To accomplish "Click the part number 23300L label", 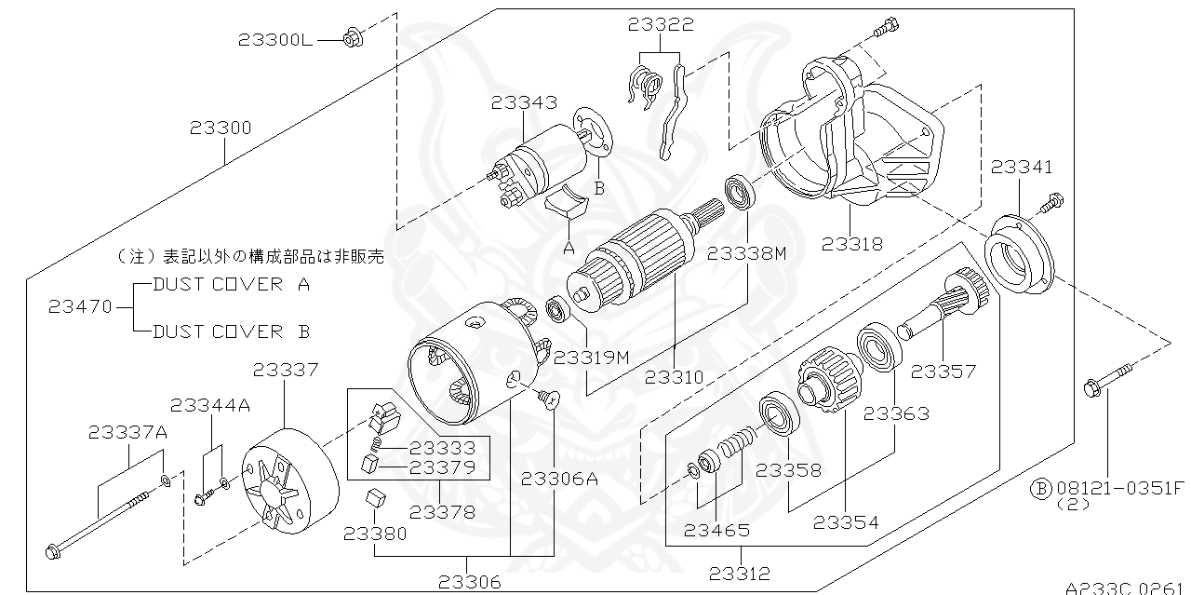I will pos(275,39).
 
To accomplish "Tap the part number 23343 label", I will pos(525,102).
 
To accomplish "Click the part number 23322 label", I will pos(661,25).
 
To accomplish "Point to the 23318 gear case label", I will pos(852,244).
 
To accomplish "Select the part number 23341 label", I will pos(1022,168).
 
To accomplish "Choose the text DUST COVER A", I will pos(231,285).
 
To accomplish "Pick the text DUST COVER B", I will pos(231,331).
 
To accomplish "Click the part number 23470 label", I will pos(81,305).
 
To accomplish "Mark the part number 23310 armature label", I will pos(675,378).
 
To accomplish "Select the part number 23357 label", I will pos(943,372).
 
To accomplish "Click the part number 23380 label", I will pos(375,534).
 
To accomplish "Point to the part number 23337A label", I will pos(128,432).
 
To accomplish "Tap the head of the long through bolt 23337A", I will pos(53,551).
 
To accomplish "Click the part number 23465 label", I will pos(716,531).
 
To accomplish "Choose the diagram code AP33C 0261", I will pos(1127,588).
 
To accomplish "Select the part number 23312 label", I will pos(740,574).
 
